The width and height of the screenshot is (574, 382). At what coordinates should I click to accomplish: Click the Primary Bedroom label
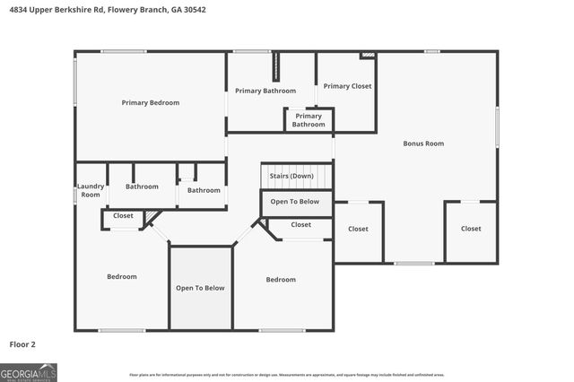pyautogui.click(x=151, y=103)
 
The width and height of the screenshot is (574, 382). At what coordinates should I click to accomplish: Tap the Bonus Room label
pyautogui.click(x=423, y=143)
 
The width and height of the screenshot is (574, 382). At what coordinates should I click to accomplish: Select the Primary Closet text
pyautogui.click(x=347, y=86)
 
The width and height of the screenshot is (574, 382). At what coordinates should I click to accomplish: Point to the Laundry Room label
pyautogui.click(x=91, y=191)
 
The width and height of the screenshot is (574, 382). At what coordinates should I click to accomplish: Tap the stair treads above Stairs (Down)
pyautogui.click(x=297, y=167)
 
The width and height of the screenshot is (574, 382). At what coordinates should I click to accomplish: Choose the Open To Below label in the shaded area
pyautogui.click(x=200, y=288)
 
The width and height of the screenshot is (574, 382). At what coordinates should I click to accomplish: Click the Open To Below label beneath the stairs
pyautogui.click(x=295, y=202)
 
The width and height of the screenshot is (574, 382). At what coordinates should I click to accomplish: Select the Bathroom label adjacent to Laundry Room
pyautogui.click(x=142, y=187)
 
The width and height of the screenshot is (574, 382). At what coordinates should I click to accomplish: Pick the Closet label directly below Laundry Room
pyautogui.click(x=123, y=216)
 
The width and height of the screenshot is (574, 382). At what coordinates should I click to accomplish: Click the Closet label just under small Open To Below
pyautogui.click(x=301, y=225)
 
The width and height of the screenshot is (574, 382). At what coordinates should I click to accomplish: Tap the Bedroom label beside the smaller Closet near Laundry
pyautogui.click(x=122, y=277)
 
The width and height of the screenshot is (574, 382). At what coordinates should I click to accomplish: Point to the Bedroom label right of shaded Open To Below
pyautogui.click(x=281, y=280)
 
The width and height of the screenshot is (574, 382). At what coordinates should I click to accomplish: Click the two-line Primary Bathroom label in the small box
pyautogui.click(x=309, y=120)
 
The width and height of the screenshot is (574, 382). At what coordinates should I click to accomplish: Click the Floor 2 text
pyautogui.click(x=22, y=344)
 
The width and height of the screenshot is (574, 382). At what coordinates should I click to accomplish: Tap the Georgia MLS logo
pyautogui.click(x=29, y=372)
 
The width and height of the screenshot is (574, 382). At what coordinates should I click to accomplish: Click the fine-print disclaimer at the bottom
pyautogui.click(x=286, y=375)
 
